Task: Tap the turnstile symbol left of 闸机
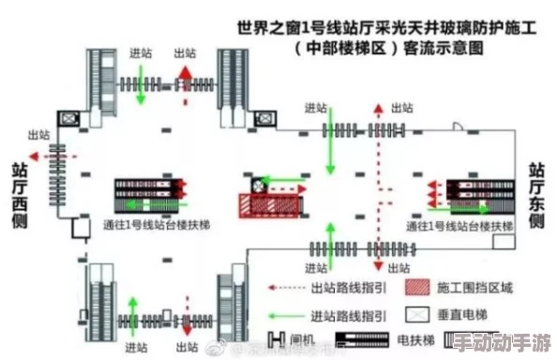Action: click(x=278, y=340)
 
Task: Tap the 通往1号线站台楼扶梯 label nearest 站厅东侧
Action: click(x=459, y=226)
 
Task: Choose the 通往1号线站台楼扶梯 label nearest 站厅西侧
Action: click(x=149, y=225)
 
